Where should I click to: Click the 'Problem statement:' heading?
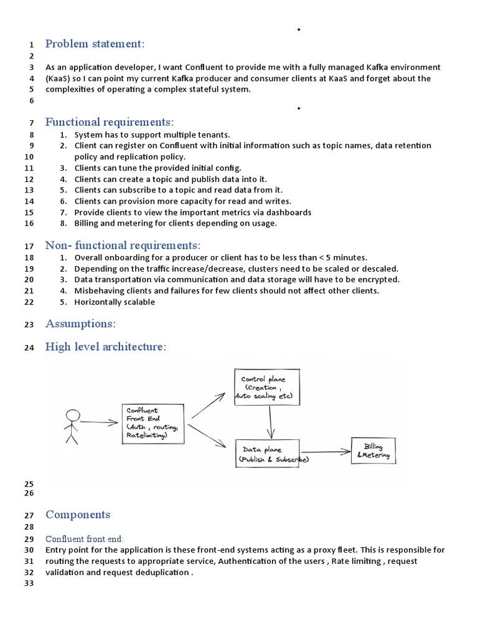[x=95, y=44]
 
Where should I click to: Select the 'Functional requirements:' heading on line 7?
[x=110, y=121]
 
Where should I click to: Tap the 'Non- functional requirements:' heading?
[x=123, y=245]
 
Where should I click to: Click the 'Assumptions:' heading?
[x=80, y=323]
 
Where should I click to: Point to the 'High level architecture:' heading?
[x=106, y=346]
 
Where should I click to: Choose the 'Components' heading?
[x=78, y=514]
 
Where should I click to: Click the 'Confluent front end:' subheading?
[x=85, y=538]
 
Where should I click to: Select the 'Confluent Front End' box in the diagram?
[x=153, y=424]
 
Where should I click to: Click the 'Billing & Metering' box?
[x=373, y=451]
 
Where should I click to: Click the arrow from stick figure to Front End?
[x=98, y=422]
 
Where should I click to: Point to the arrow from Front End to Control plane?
[x=209, y=406]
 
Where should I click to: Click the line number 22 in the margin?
[x=29, y=302]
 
